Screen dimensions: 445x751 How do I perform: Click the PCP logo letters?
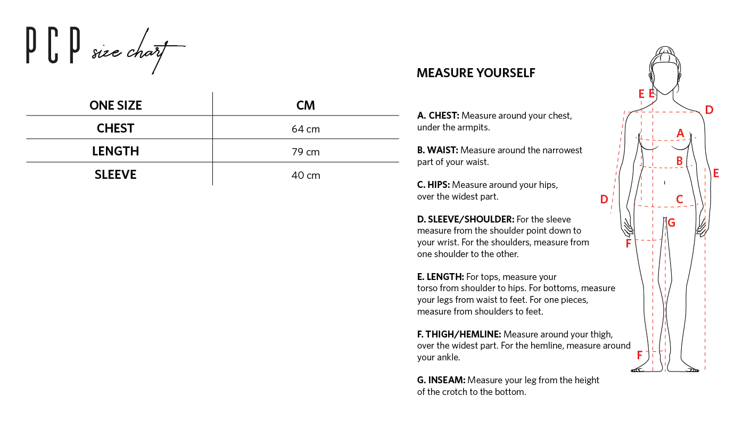(x=53, y=47)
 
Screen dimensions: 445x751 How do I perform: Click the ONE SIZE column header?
(x=115, y=105)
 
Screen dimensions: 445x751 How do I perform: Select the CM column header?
(x=306, y=105)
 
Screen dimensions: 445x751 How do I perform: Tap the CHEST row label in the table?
(x=115, y=128)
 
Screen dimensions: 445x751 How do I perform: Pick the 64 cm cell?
(x=306, y=129)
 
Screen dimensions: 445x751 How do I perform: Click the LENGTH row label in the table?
(x=115, y=151)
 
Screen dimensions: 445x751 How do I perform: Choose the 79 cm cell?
(x=306, y=152)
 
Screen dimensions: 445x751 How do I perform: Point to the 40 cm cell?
(x=306, y=175)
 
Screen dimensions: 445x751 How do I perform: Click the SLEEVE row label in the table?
(x=115, y=175)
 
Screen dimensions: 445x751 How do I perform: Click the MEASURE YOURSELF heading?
(x=476, y=73)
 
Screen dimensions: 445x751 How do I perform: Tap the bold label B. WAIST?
(x=438, y=150)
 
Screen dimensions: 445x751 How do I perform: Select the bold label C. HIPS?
(x=433, y=185)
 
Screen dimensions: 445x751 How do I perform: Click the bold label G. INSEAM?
(x=441, y=380)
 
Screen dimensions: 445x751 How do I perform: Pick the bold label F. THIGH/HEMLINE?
(x=459, y=334)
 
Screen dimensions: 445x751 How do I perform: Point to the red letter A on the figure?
(x=680, y=134)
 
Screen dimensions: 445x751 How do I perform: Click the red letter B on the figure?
(x=679, y=161)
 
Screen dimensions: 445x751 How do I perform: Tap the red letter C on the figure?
(x=679, y=200)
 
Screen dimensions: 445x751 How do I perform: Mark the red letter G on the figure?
(x=671, y=223)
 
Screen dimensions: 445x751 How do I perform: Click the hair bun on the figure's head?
(x=665, y=51)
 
